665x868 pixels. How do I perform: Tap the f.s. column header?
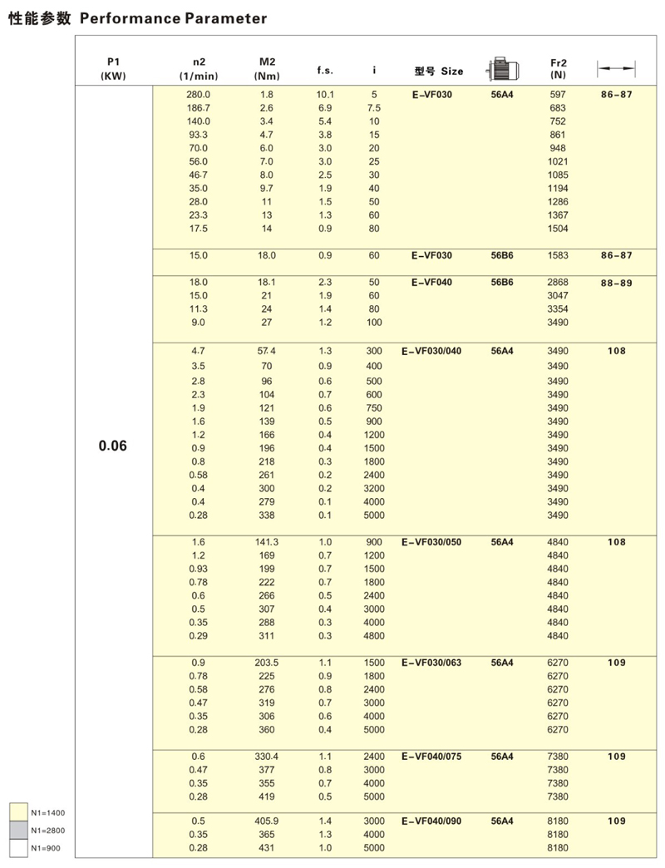point(325,71)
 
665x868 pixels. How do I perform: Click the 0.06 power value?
point(113,446)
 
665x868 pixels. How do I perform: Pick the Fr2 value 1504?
point(558,229)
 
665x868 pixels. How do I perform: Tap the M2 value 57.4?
point(266,351)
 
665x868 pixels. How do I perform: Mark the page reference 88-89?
point(616,284)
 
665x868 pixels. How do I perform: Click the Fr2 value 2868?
point(558,283)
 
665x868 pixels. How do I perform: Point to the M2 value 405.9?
point(266,821)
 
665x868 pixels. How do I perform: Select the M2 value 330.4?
point(266,757)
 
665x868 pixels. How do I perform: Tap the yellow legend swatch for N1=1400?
point(18,812)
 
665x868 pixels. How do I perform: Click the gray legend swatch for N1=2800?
point(18,831)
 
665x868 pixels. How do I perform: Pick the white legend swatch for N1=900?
point(18,849)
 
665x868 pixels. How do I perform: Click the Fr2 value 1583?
point(558,256)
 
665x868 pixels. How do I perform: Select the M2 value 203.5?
point(266,663)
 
